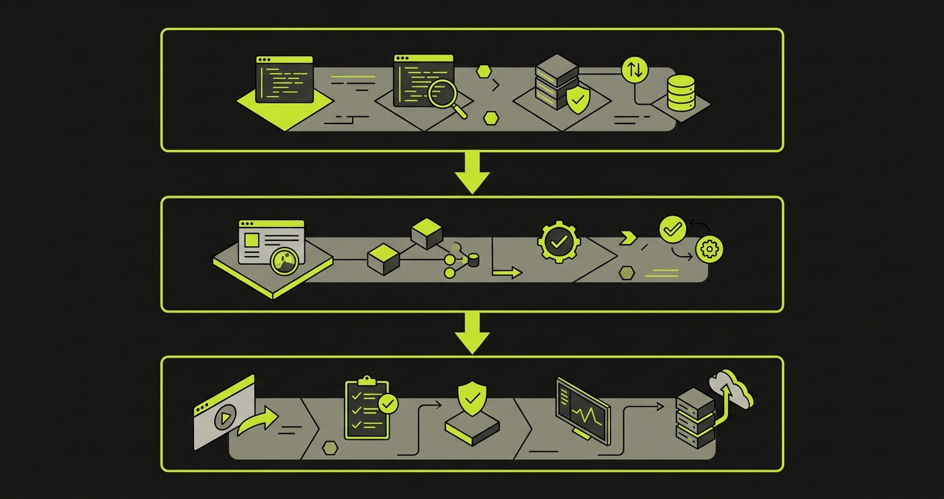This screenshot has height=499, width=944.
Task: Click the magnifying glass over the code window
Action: click(441, 92)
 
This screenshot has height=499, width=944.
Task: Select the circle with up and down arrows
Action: click(634, 70)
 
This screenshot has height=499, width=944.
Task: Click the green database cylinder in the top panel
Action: click(681, 92)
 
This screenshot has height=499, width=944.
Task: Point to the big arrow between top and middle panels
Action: click(472, 172)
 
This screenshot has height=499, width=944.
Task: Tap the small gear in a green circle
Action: click(709, 249)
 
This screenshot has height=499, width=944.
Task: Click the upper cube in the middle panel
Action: click(426, 234)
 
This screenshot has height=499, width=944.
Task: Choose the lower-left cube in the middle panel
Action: click(382, 258)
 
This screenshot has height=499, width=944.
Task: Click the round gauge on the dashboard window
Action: click(284, 261)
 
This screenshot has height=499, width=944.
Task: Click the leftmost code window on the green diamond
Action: click(284, 80)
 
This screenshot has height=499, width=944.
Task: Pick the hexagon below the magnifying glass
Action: click(491, 118)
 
